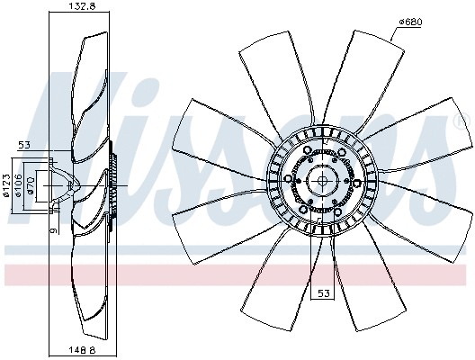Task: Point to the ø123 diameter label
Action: pos(7,184)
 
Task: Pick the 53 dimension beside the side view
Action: pos(24,145)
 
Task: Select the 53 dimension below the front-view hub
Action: pos(322,293)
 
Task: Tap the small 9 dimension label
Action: pos(54,231)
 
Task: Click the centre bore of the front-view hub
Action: pos(322,180)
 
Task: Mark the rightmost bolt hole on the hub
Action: pos(354,180)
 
